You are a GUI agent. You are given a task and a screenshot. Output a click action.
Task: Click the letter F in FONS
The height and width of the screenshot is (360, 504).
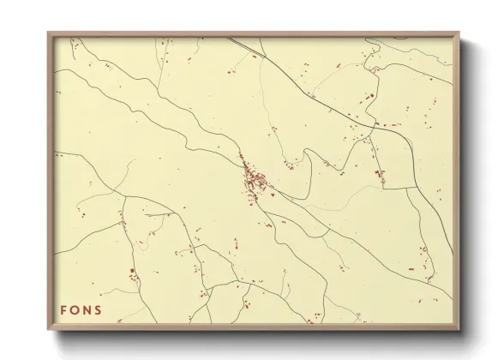tap(63, 309)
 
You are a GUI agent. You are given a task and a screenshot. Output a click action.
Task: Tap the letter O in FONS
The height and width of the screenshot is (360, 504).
tap(75, 309)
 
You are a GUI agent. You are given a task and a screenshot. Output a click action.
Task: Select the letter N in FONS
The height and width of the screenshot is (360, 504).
tap(87, 309)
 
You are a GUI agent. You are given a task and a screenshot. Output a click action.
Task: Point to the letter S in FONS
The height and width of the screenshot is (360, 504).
tap(99, 309)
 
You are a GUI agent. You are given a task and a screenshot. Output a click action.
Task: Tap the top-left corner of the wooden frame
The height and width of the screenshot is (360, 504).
tap(49, 33)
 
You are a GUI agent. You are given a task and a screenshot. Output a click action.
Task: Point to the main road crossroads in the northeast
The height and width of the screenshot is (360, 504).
tap(374, 125)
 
